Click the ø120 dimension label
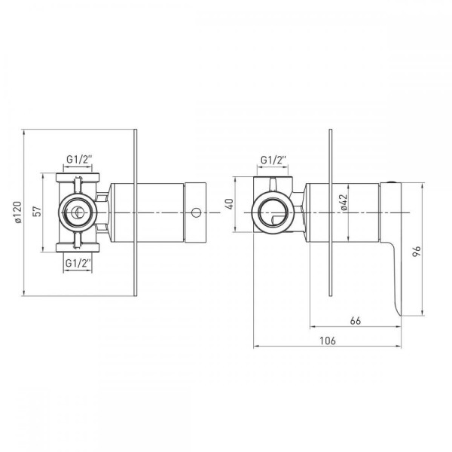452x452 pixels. point(18,212)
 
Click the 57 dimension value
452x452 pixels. point(38,212)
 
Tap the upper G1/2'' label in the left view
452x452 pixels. point(79,159)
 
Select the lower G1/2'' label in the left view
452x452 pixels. point(78,263)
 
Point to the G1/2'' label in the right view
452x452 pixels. point(273,160)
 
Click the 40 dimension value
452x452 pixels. point(230,204)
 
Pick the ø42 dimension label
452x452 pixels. point(344,203)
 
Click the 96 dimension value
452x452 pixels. point(417,252)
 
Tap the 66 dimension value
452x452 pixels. point(356,321)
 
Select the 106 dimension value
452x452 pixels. point(328,341)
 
